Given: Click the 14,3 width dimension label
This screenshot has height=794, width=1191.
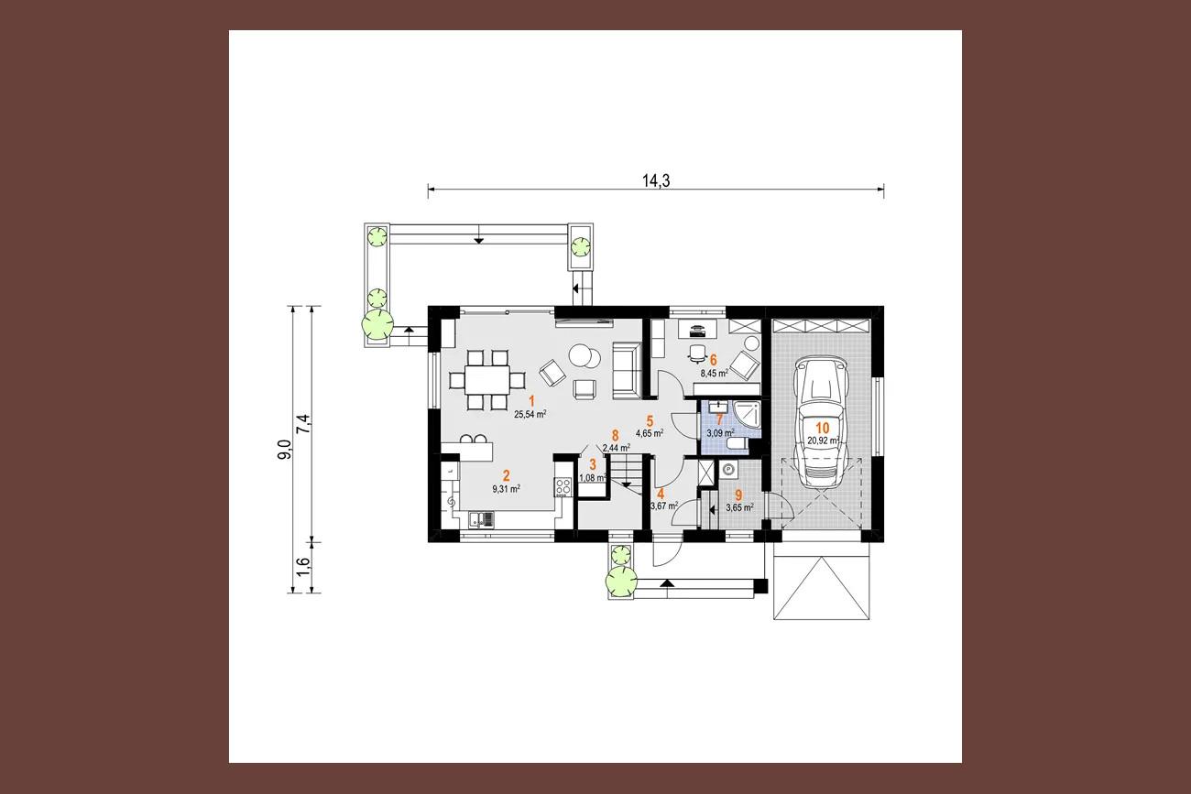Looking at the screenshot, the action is pyautogui.click(x=656, y=180).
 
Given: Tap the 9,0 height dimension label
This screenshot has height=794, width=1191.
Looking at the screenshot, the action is pyautogui.click(x=285, y=450).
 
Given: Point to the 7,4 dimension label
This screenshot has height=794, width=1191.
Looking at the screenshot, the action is pyautogui.click(x=303, y=424).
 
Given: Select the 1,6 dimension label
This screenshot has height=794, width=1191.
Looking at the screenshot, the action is pyautogui.click(x=303, y=567).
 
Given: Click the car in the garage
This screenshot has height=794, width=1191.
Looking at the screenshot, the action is pyautogui.click(x=821, y=421).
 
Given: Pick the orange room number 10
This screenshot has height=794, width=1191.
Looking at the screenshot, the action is pyautogui.click(x=822, y=428).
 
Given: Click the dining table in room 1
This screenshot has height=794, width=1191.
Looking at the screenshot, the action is pyautogui.click(x=486, y=379).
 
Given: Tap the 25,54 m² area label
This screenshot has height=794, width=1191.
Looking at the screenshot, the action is pyautogui.click(x=530, y=415).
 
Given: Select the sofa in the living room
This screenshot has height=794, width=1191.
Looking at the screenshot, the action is pyautogui.click(x=627, y=370).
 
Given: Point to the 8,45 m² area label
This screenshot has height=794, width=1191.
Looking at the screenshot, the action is pyautogui.click(x=714, y=374).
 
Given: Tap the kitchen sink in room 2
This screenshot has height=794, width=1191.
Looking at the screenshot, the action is pyautogui.click(x=109, y=520).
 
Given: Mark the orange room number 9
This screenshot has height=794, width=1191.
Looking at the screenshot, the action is pyautogui.click(x=738, y=495).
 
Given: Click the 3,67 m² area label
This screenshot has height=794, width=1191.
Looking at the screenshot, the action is pyautogui.click(x=664, y=506).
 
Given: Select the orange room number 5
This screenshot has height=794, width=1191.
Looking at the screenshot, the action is pyautogui.click(x=650, y=421).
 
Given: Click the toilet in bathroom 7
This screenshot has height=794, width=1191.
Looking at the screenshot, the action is pyautogui.click(x=738, y=444).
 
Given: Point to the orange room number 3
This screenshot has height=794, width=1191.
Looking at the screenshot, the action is pyautogui.click(x=593, y=465).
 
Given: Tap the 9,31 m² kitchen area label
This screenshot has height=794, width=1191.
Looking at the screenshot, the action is pyautogui.click(x=506, y=489).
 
